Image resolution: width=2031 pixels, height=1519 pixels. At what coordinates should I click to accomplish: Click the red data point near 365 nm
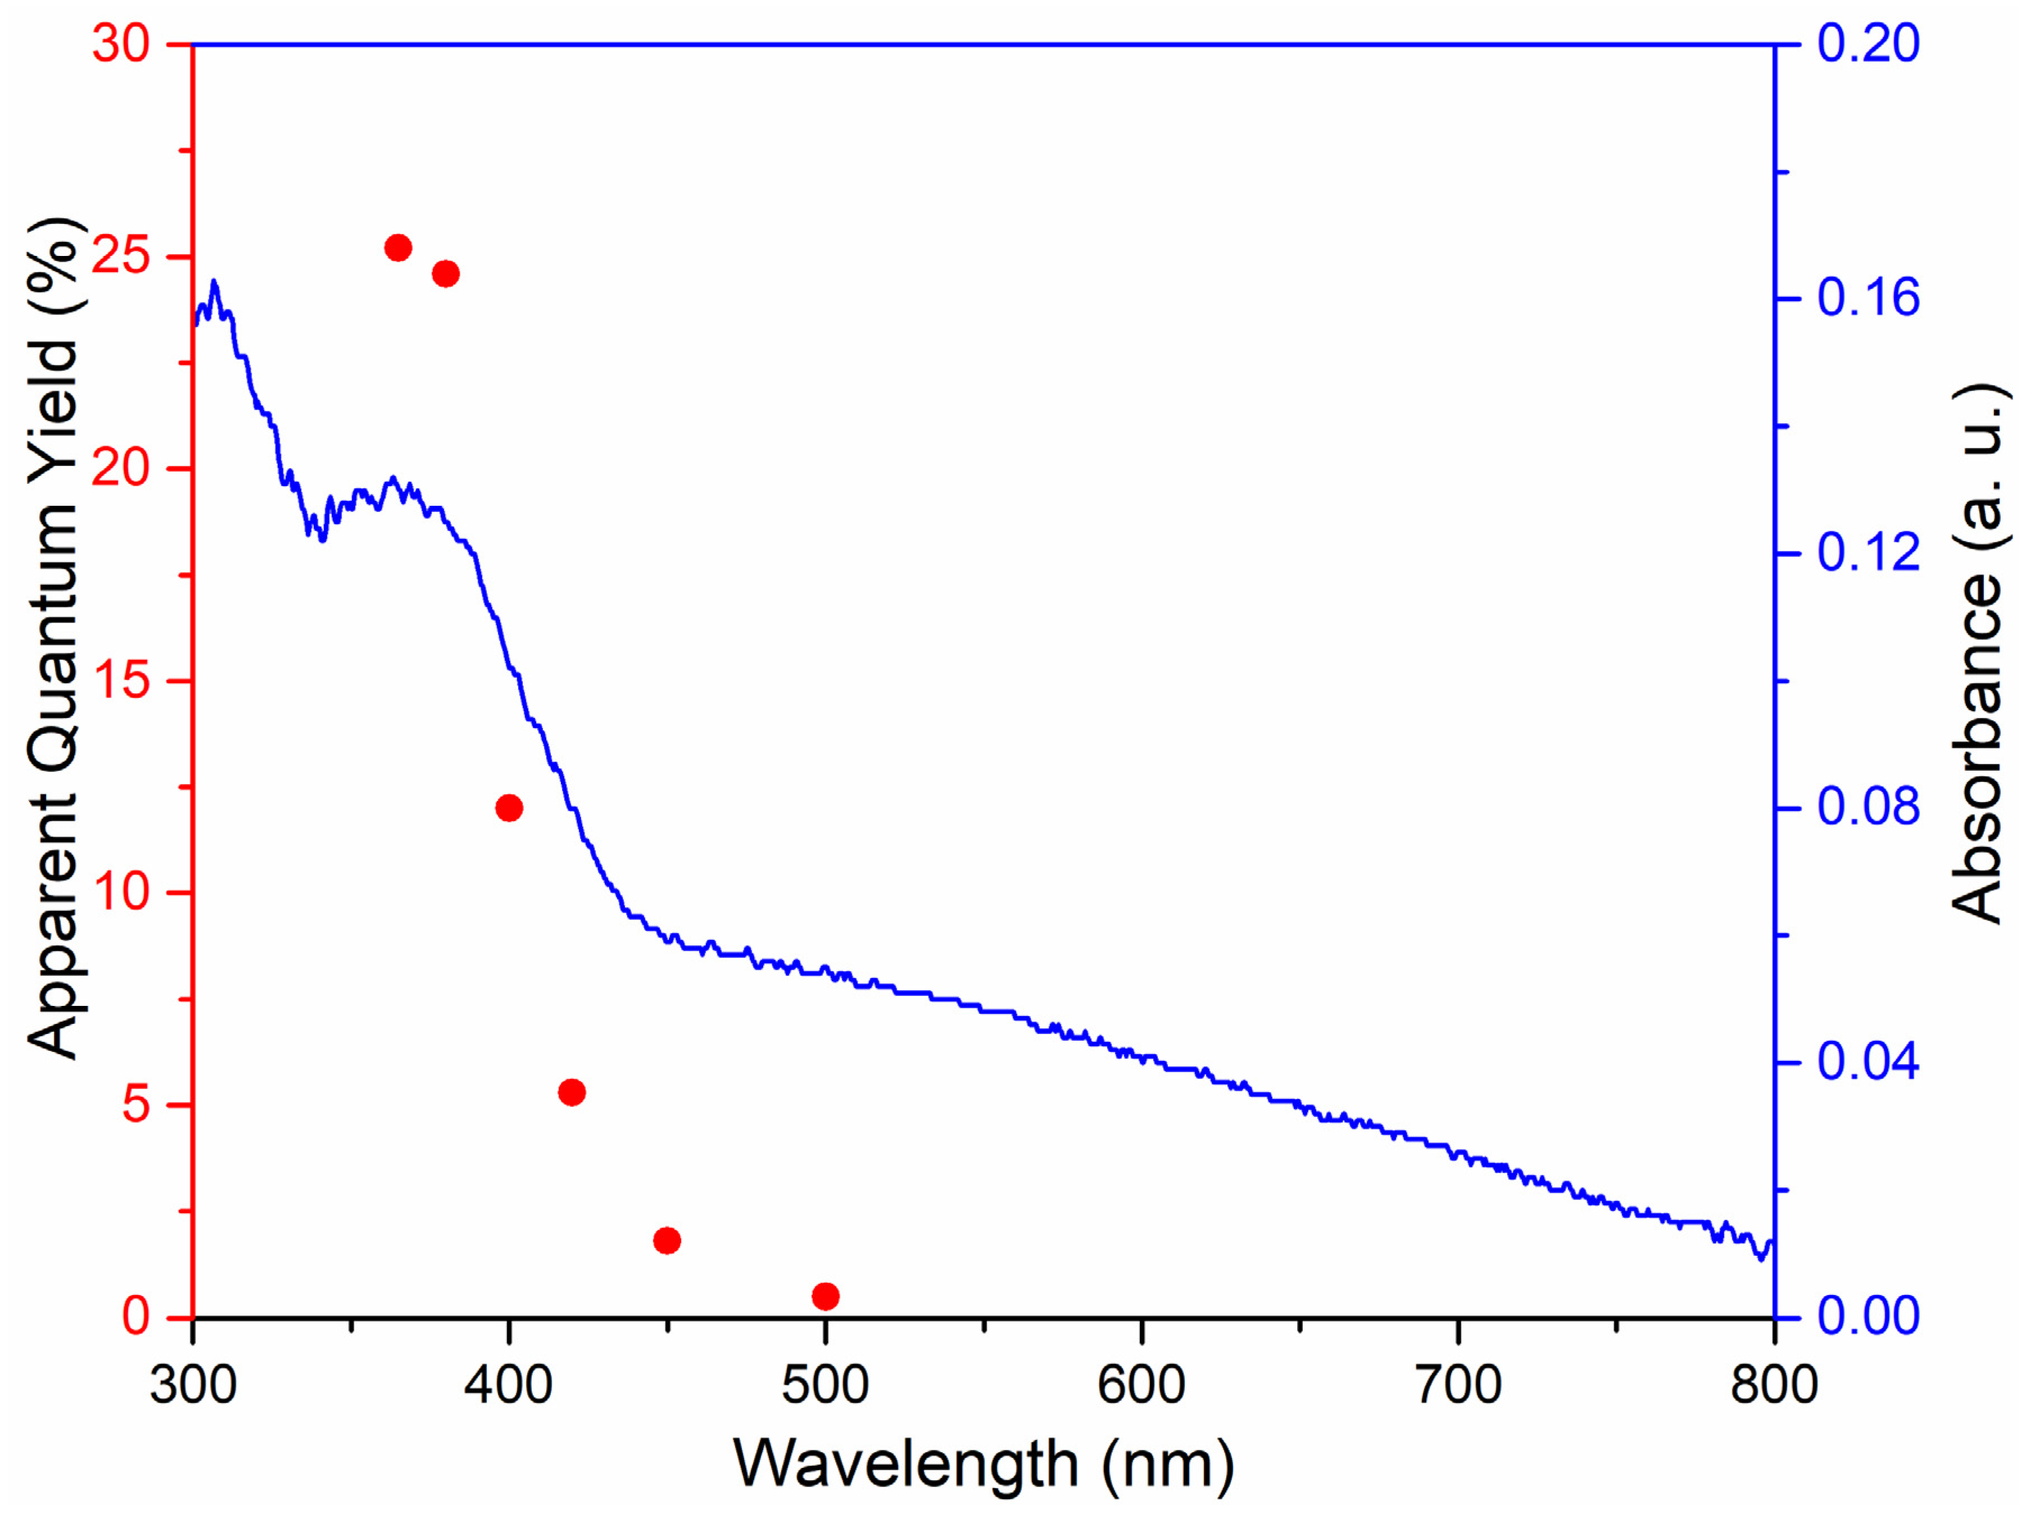398,248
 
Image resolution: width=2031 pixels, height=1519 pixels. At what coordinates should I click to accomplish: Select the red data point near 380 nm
445,273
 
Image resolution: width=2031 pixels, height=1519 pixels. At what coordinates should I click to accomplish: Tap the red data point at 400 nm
509,808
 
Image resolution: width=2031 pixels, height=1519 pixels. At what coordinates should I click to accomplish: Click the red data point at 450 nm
667,1241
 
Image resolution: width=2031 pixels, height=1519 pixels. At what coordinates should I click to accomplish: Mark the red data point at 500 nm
825,1296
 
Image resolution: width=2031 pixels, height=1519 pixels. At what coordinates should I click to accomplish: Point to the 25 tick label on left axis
121,255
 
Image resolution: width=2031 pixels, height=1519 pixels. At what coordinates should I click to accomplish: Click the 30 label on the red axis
121,43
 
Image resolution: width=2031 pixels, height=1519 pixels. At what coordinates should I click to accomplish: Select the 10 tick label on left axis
121,891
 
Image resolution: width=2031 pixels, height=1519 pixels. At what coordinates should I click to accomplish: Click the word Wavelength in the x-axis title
905,1465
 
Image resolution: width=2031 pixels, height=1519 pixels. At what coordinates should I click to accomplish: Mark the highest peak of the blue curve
214,282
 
